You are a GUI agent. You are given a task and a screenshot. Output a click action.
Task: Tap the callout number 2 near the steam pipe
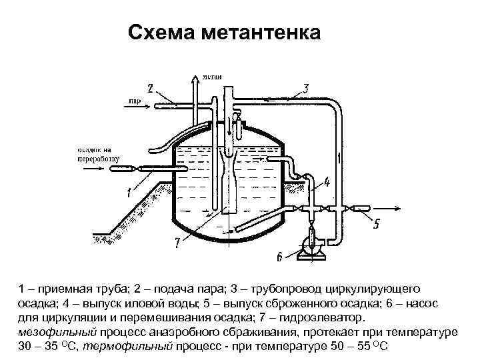[x=150, y=88]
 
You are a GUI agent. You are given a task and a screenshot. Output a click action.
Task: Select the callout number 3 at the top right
[x=305, y=88]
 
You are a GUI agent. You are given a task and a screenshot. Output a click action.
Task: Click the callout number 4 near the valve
[x=327, y=181]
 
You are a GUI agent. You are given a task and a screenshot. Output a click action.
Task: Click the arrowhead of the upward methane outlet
[x=195, y=79]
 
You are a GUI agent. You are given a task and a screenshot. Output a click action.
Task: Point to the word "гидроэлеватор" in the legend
[x=322, y=317]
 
